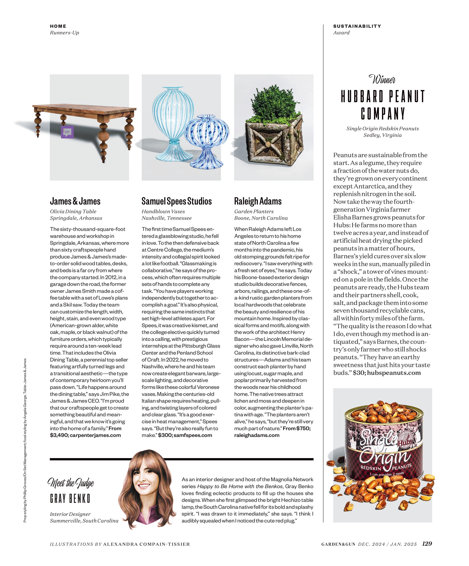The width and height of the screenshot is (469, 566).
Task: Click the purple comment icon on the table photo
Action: pos(67,132)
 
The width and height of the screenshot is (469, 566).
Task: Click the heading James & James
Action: pos(75,201)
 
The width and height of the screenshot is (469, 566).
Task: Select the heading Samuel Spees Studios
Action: pos(176,201)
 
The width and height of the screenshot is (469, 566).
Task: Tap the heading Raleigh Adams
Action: pos(258,201)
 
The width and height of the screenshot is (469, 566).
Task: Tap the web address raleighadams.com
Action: pos(257,435)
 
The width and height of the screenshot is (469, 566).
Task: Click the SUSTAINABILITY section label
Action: pos(357,26)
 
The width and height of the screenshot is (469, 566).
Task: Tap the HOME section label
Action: pos(58,26)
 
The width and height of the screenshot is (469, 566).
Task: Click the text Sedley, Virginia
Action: pos(382,135)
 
